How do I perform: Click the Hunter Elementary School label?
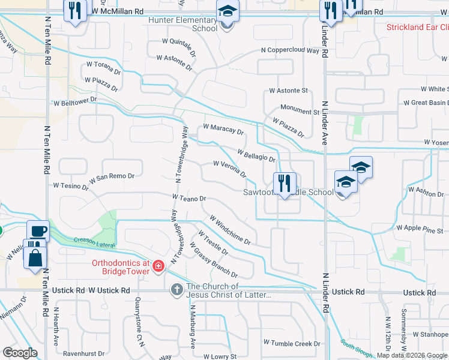pyautogui.click(x=183, y=24)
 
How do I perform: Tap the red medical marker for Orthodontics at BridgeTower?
pyautogui.click(x=158, y=265)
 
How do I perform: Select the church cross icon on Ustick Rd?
pyautogui.click(x=176, y=290)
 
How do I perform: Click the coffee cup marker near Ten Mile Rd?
pyautogui.click(x=38, y=232)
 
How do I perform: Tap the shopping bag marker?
pyautogui.click(x=35, y=257)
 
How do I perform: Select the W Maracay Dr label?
pyautogui.click(x=223, y=129)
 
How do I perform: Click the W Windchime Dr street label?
pyautogui.click(x=230, y=230)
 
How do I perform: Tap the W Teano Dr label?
pyautogui.click(x=188, y=197)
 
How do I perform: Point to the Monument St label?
pyautogui.click(x=300, y=112)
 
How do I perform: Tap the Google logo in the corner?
pyautogui.click(x=19, y=353)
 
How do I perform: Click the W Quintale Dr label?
pyautogui.click(x=179, y=46)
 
